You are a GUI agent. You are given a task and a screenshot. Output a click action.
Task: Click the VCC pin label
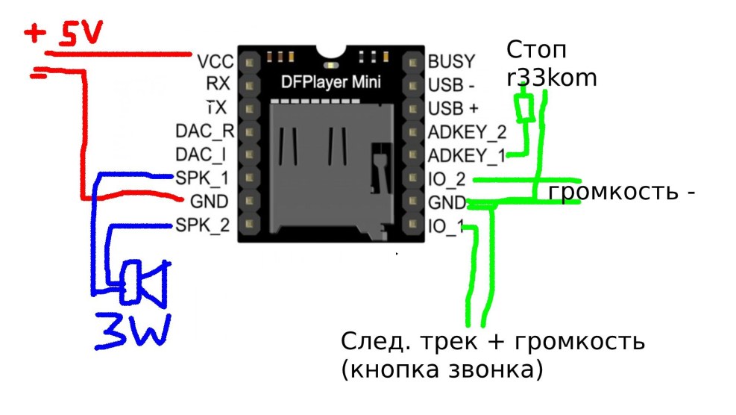coord(216,60)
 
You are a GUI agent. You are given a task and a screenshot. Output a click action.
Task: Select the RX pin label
coord(219,84)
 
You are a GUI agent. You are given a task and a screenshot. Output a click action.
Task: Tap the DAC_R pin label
coord(205,132)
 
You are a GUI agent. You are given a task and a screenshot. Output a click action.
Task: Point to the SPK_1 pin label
coord(202,178)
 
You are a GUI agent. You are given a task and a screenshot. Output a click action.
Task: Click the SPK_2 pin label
coord(202,225)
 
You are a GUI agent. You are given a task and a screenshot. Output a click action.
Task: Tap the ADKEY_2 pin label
coord(468,132)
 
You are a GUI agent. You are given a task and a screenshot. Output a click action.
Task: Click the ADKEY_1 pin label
coord(468,155)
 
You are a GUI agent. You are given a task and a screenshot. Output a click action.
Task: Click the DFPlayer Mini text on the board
coord(331,81)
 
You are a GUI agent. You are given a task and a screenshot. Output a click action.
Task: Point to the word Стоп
coord(536,51)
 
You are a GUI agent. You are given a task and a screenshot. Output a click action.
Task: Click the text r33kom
coord(552,76)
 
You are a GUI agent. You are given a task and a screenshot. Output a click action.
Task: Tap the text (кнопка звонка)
coord(441,369)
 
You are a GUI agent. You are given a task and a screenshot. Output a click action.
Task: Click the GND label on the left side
coord(209,202)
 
